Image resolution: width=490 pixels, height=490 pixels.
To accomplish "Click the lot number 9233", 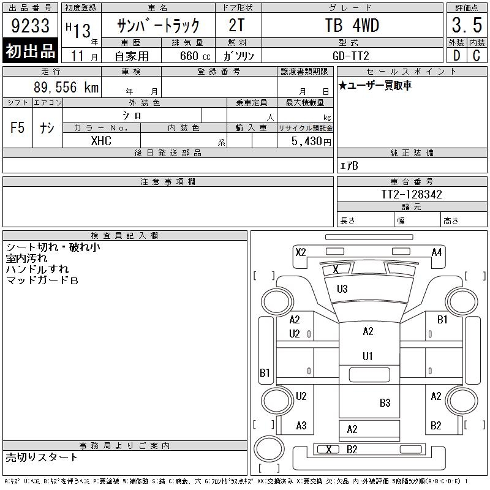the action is (x=30, y=26).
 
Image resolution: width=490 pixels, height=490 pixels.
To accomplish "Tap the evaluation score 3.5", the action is (x=467, y=25).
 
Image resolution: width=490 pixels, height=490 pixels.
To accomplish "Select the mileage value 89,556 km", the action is (x=66, y=87).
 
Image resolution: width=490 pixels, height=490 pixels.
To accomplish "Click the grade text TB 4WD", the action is (x=352, y=25).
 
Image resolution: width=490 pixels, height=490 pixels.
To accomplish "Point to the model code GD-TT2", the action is (x=350, y=56).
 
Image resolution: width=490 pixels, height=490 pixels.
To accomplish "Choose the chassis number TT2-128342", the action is (x=411, y=194).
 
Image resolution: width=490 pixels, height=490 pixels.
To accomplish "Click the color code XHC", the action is (x=101, y=141).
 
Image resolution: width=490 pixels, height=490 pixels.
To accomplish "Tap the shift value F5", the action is (x=18, y=127).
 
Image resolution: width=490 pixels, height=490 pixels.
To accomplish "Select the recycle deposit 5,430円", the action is (x=311, y=141).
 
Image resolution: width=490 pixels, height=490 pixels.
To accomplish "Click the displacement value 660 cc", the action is (x=195, y=56).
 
